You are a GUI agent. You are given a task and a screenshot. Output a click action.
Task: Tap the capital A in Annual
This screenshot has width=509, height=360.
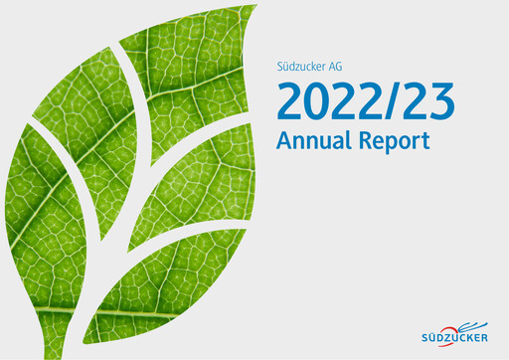coord(285,140)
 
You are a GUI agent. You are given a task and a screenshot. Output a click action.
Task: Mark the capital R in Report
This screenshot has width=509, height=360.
coord(365,140)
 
